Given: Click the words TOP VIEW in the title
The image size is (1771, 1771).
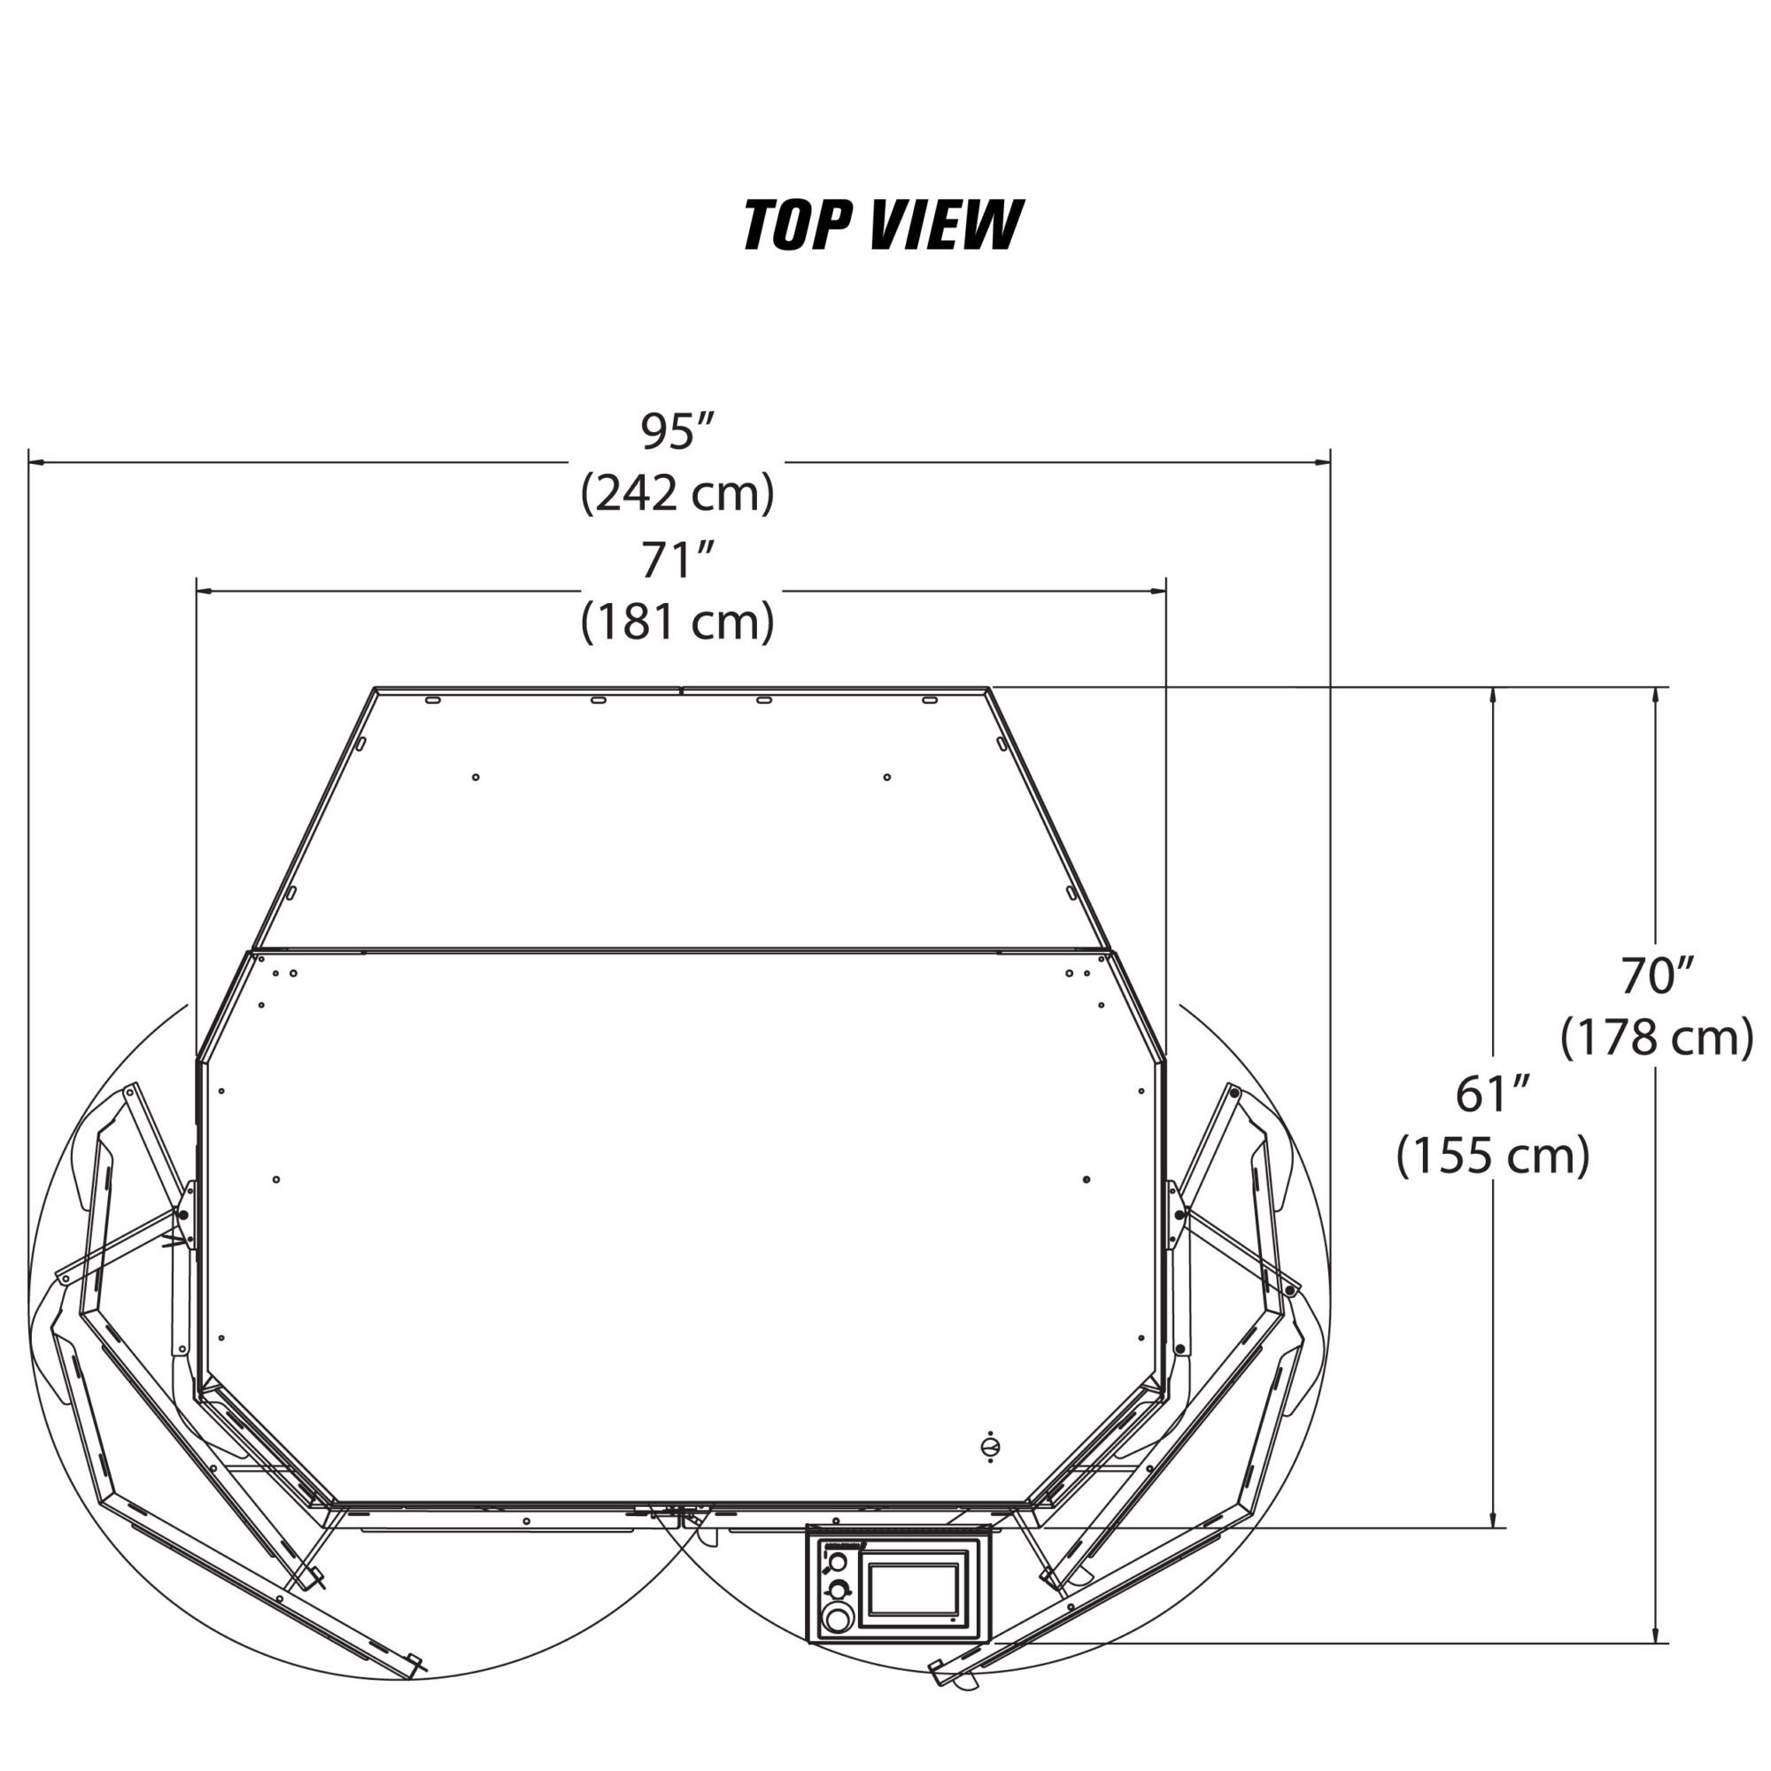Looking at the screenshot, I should pos(882,225).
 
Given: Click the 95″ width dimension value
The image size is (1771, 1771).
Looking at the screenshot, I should pos(677,432).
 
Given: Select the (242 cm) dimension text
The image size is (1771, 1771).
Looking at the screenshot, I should pos(677,493).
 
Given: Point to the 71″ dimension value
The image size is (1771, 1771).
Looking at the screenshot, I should pos(677,561).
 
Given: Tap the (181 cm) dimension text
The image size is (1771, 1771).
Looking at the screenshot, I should pos(677,622).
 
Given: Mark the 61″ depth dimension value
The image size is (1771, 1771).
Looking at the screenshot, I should pos(1492,1094).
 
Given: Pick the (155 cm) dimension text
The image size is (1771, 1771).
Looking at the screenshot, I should pos(1492,1156).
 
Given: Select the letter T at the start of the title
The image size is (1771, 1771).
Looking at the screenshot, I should pos(759,225).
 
